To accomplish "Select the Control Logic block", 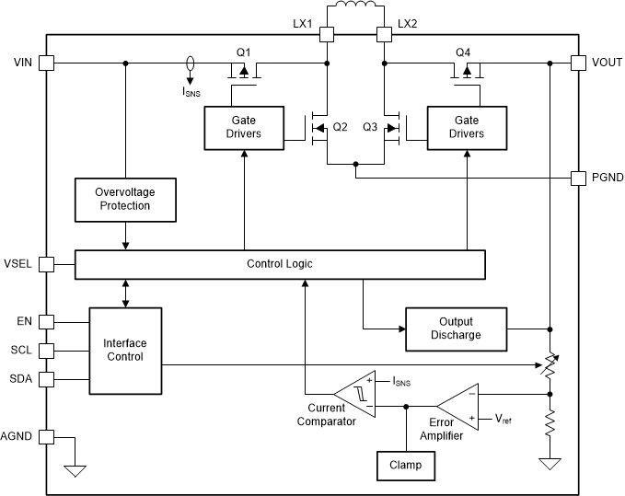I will pos(280,264).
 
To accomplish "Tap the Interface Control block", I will pos(124,350).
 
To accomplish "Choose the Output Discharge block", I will pos(457,329).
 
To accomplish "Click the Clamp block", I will pos(405,465).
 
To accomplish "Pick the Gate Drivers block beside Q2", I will pos(243,126).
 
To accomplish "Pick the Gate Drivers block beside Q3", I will pos(466,126).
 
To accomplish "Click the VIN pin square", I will pos(47,63).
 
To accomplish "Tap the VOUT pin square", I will pos(578,63).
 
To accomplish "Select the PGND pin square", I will pos(578,178).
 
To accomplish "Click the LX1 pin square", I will pos(326,35).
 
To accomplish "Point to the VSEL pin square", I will pos(47,264).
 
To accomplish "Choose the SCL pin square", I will pos(47,350).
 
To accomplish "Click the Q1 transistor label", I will pos(243,51).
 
